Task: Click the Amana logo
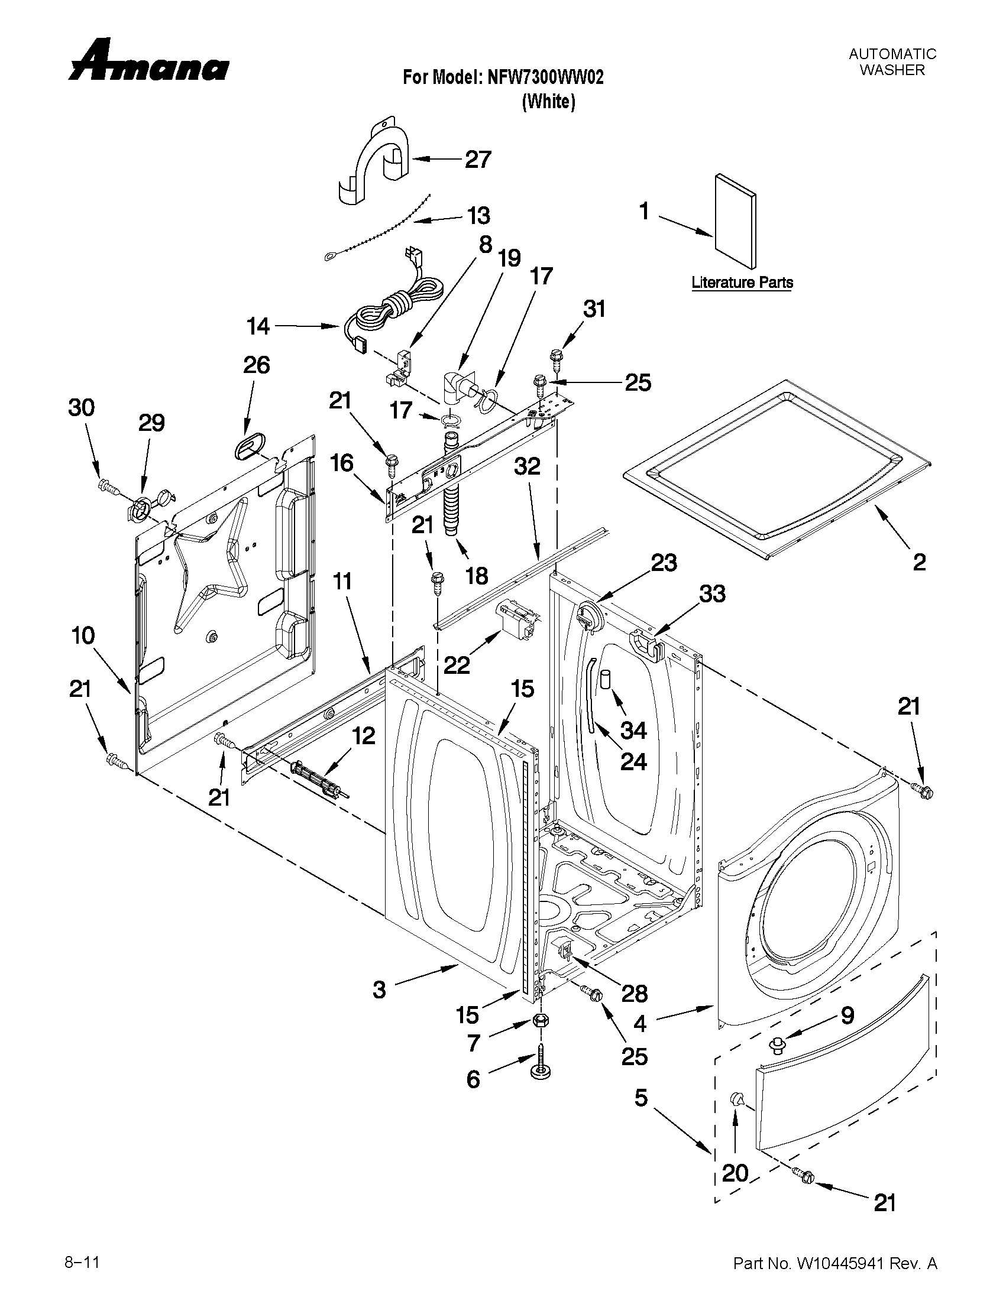coord(148,62)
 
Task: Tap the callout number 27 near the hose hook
coord(478,160)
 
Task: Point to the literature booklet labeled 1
coord(736,220)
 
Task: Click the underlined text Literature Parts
coord(742,283)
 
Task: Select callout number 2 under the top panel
coord(919,562)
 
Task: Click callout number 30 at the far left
coord(81,408)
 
